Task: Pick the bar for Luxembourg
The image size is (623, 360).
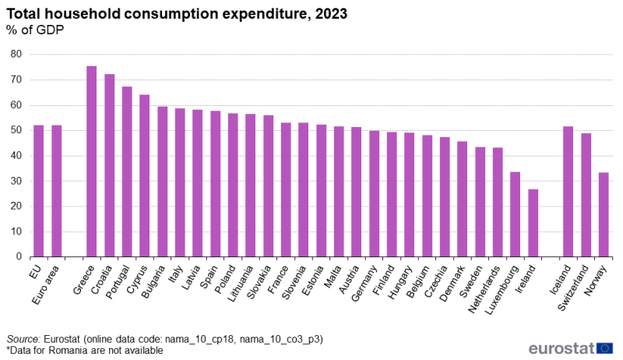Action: point(515,214)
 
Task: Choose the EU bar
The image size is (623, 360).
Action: point(38,191)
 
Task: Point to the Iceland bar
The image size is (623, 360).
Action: point(568,192)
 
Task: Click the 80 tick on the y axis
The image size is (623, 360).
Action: point(16,55)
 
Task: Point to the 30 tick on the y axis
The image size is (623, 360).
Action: point(16,181)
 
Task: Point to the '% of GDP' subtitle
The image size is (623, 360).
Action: point(35,30)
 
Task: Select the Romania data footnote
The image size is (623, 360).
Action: point(85,351)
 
